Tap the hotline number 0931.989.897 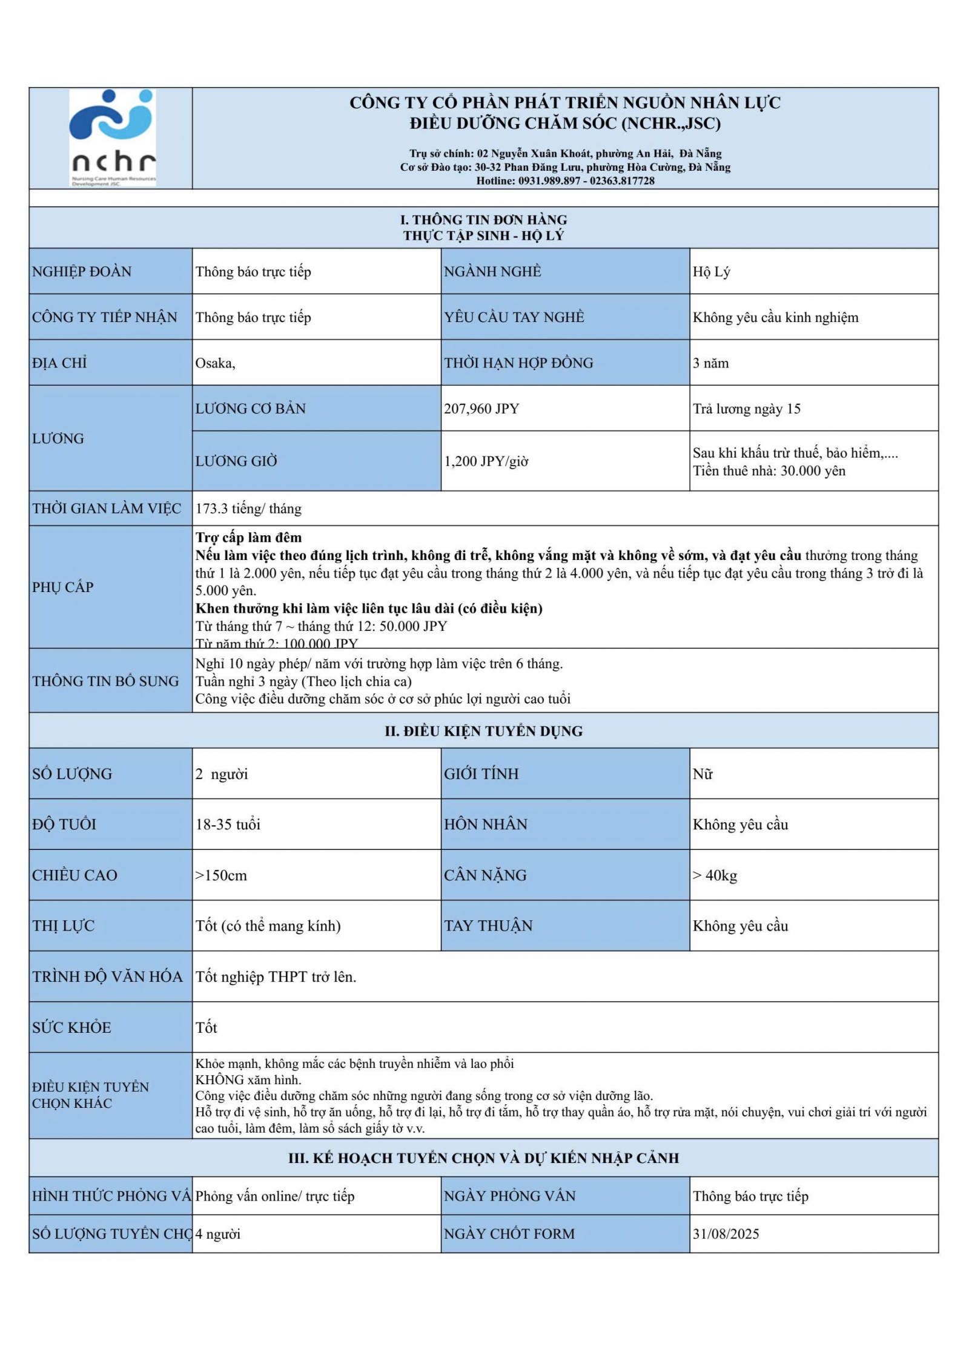(549, 181)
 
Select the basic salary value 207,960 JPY (481, 409)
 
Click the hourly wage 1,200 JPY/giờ (486, 461)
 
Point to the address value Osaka (215, 363)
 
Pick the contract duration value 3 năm (710, 363)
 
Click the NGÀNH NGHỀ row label (492, 272)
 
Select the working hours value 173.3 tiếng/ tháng (248, 509)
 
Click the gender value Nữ (703, 774)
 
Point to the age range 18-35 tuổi (228, 825)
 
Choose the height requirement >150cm (221, 875)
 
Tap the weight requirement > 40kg (715, 875)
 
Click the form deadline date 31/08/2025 (726, 1234)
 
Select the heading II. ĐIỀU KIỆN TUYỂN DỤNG (483, 731)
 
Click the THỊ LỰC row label (64, 926)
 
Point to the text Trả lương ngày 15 (746, 409)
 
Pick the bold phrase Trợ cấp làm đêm (248, 538)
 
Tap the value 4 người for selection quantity (218, 1234)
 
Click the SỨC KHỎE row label (71, 1028)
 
